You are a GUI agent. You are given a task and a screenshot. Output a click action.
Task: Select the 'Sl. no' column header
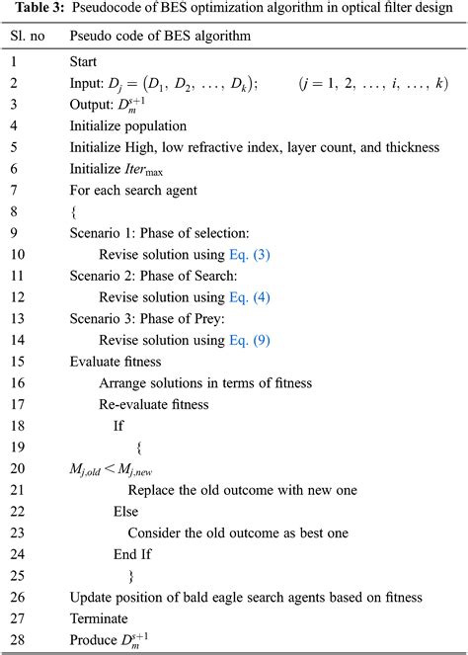point(29,36)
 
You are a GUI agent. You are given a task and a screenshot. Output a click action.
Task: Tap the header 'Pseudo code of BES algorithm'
point(158,36)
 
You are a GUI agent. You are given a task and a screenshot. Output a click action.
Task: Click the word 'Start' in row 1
point(86,61)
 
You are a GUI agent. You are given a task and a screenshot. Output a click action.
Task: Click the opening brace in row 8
point(73,211)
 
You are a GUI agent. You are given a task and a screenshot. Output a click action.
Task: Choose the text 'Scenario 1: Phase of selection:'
point(157,233)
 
